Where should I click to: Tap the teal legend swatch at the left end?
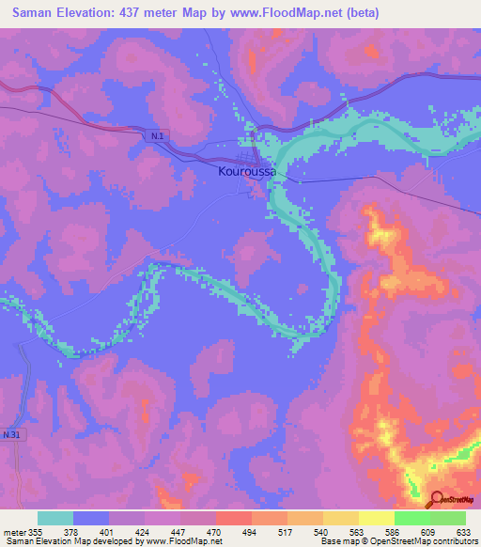(55, 518)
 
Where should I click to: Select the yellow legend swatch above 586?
(376, 518)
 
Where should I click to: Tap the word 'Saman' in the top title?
(32, 11)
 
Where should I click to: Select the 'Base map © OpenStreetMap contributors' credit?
(397, 541)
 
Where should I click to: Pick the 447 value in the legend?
(162, 531)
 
